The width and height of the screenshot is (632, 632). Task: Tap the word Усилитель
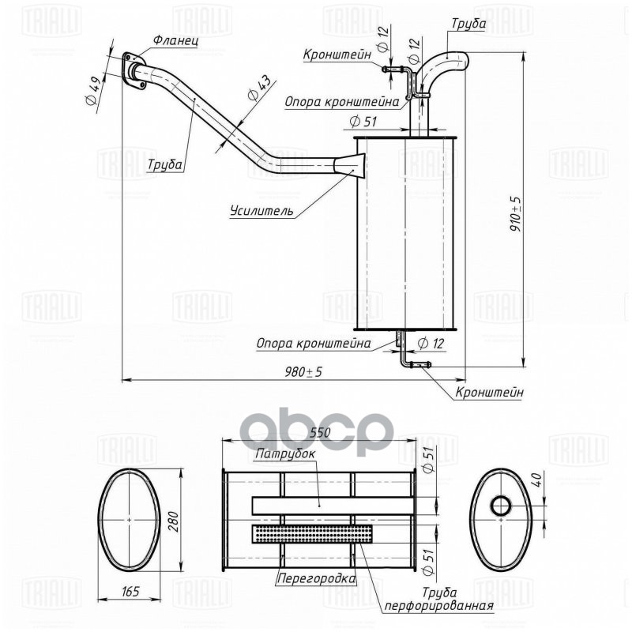[261, 211]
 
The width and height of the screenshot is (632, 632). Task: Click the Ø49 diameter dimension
[92, 93]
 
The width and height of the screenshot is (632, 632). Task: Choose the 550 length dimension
[319, 434]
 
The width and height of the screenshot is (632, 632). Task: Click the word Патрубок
[285, 455]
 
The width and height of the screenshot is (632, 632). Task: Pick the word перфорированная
[439, 606]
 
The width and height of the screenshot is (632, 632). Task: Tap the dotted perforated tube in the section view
[312, 534]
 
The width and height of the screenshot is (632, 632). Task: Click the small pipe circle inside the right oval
[500, 505]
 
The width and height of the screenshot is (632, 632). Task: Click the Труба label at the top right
[468, 24]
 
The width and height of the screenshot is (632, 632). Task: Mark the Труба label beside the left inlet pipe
[164, 165]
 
